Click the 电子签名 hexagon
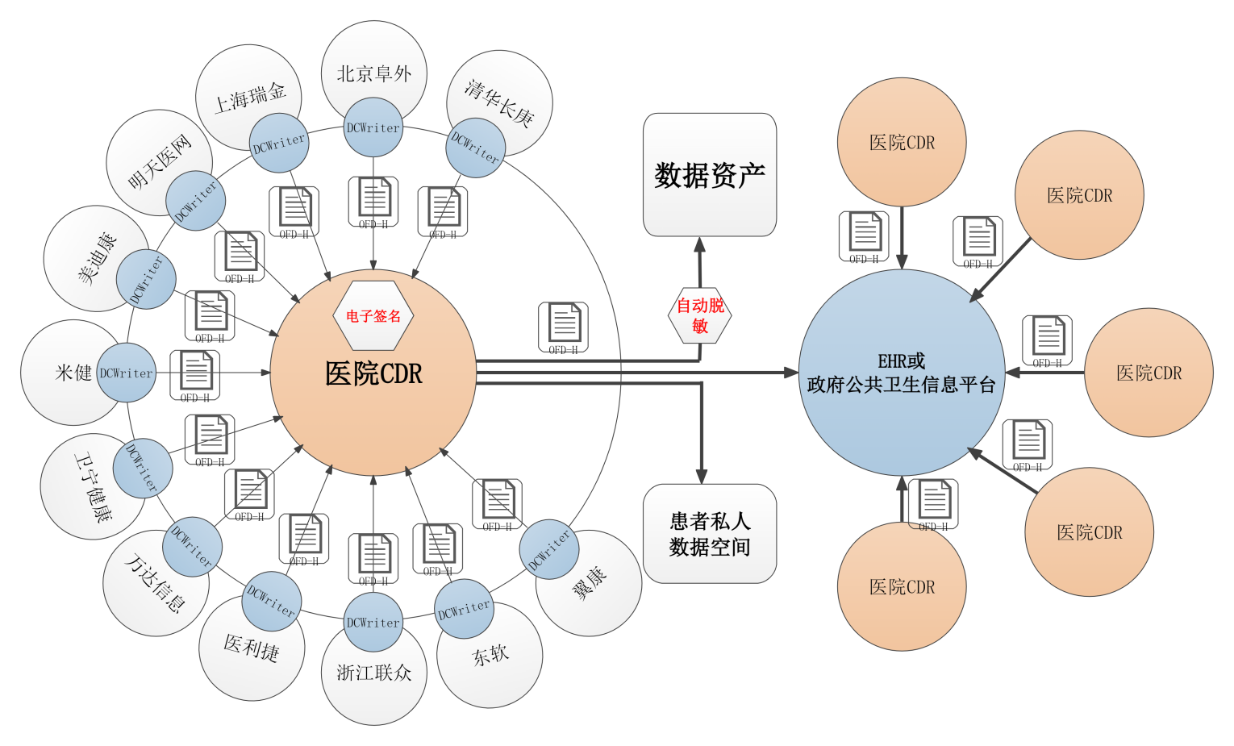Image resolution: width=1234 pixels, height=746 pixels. pos(373,315)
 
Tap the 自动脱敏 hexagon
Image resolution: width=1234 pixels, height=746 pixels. pos(700,315)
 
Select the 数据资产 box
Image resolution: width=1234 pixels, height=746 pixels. pos(710,175)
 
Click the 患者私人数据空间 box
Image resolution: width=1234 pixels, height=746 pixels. pos(710,534)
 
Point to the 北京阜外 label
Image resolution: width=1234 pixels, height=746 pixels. pos(374,73)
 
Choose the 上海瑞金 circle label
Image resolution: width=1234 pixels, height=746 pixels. pos(250,97)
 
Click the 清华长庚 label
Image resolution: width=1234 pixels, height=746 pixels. pos(500,102)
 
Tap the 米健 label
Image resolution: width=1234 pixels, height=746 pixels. pos(73,373)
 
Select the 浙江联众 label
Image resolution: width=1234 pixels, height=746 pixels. pos(374,673)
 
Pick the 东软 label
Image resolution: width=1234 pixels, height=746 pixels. pos(490,655)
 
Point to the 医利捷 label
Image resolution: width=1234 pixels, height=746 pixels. pos(252,647)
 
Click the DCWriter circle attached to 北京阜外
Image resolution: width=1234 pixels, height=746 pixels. pos(373,127)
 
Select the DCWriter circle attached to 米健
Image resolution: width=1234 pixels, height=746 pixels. pos(127,373)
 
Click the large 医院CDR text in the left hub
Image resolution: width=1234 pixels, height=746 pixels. pos(373,373)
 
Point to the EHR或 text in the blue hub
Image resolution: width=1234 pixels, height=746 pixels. pos(902,361)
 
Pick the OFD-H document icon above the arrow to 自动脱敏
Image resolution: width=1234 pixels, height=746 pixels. pos(564,326)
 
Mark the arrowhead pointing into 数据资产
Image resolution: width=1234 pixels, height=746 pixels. pos(700,244)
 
